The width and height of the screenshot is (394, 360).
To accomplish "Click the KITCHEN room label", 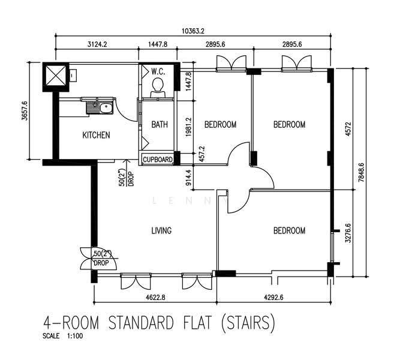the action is click(96, 135).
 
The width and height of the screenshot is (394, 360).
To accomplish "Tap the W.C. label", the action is click(158, 72).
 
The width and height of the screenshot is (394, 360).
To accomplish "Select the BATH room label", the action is click(160, 124).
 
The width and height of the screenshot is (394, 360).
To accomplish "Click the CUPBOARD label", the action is click(158, 160).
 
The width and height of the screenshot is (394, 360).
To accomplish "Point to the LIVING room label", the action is click(161, 230).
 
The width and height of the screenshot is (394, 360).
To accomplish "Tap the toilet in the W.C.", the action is click(158, 88).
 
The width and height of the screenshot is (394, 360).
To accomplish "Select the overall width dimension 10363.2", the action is click(193, 31).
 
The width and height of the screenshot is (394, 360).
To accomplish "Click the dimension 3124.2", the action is click(97, 44).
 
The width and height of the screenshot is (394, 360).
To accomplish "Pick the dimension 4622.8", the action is click(155, 298).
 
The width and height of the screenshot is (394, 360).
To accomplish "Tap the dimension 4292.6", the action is click(273, 298).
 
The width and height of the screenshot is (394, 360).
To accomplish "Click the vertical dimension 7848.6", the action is click(361, 172).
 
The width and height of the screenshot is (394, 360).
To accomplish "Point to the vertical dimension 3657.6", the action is click(25, 110).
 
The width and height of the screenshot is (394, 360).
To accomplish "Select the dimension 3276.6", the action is click(348, 233).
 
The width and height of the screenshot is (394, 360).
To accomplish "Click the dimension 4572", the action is click(348, 129).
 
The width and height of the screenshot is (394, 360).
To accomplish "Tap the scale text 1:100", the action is click(75, 336).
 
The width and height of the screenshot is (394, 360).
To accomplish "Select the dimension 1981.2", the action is click(189, 127).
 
